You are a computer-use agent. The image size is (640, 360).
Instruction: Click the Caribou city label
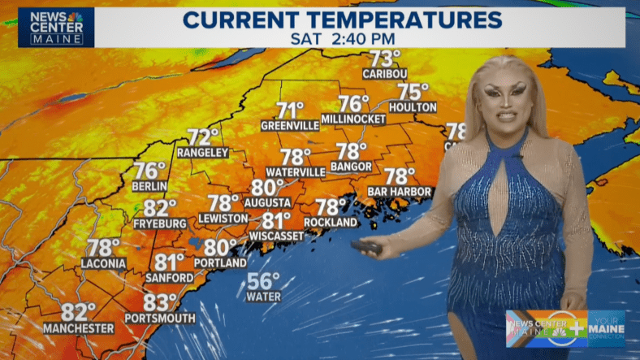point(386,73)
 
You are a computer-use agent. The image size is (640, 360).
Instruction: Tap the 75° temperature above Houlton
point(413,93)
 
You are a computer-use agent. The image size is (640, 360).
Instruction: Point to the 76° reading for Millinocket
point(353,104)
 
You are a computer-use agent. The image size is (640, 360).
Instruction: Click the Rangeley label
point(204,153)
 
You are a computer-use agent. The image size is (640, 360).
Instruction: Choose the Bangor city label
point(352,167)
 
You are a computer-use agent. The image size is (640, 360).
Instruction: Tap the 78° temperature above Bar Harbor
point(400,176)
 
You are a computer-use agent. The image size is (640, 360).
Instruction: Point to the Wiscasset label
point(277,236)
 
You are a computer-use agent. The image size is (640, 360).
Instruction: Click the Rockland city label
point(331,223)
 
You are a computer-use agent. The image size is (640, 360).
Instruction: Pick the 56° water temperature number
point(263,282)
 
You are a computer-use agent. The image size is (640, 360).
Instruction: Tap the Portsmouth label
point(161,318)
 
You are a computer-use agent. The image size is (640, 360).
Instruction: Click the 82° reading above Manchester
point(79,312)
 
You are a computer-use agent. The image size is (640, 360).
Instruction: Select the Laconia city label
point(103,263)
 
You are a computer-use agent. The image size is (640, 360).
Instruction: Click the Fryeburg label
point(160,223)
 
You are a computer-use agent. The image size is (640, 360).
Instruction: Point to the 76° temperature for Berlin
point(149,171)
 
